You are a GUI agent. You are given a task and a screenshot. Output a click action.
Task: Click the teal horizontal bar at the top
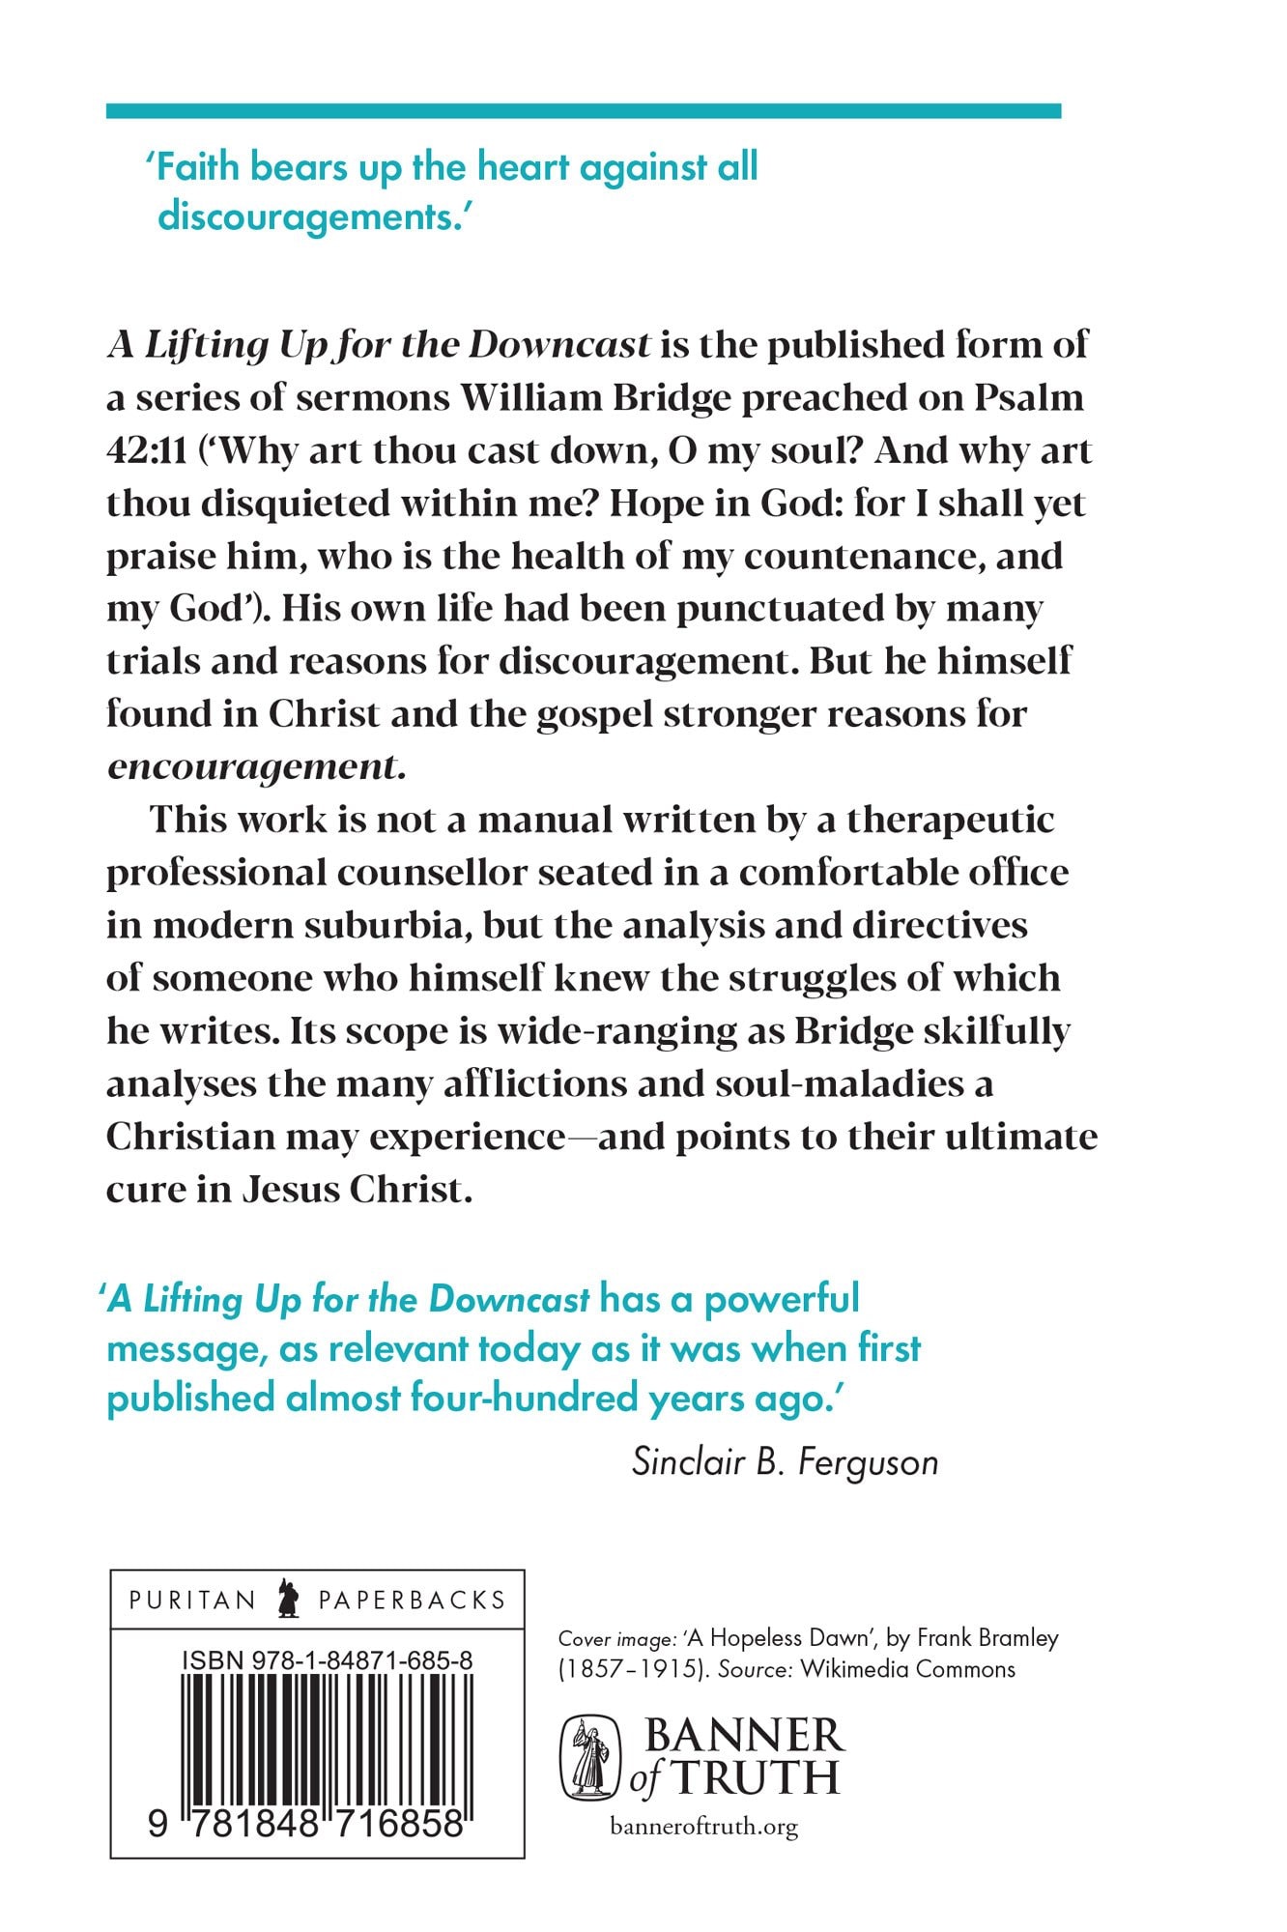[x=583, y=111]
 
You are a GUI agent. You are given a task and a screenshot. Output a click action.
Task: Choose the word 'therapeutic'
[x=951, y=820]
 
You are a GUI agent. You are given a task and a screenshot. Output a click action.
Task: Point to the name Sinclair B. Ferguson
[x=785, y=1461]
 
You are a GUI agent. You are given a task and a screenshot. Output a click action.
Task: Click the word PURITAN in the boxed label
[x=191, y=1600]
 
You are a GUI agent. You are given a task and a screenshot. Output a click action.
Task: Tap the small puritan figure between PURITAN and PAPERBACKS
[x=287, y=1599]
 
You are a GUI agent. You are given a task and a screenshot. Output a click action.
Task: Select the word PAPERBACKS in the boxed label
[x=412, y=1600]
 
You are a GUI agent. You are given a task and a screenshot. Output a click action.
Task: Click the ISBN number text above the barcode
[x=327, y=1660]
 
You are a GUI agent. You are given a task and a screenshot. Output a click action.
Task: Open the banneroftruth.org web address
[x=704, y=1828]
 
